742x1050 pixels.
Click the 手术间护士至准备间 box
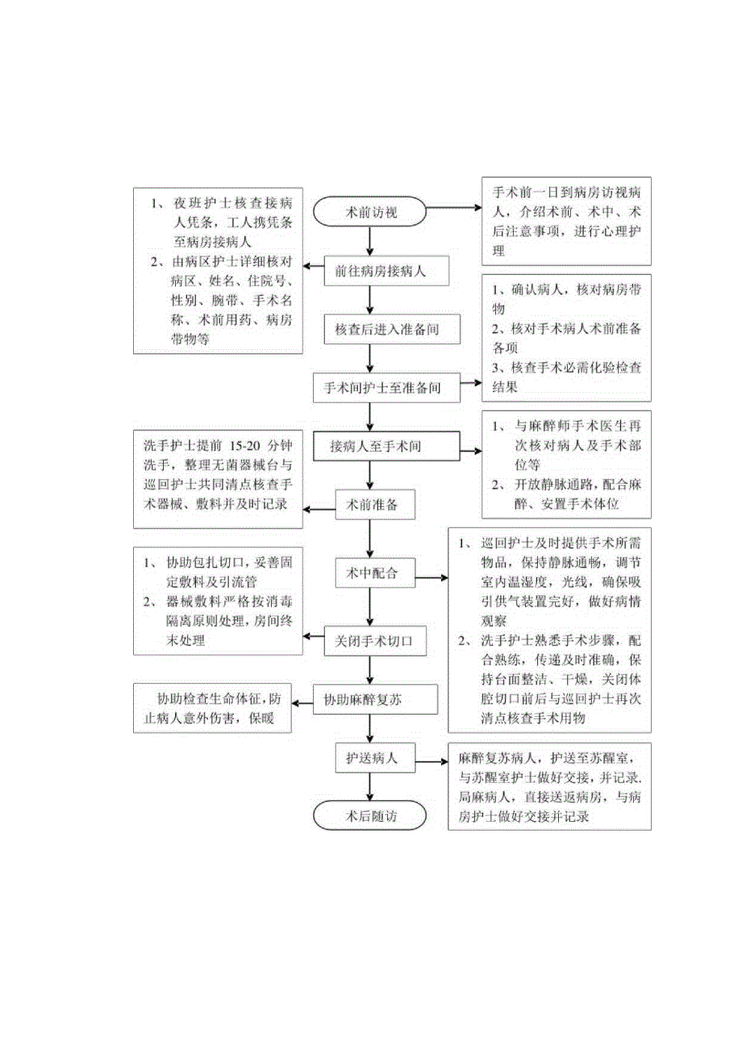[x=388, y=388]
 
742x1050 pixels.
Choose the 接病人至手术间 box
[x=390, y=445]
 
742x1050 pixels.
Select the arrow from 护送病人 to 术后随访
[x=370, y=787]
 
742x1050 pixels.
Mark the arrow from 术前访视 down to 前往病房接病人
[x=370, y=241]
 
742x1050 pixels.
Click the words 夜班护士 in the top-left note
[x=197, y=204]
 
